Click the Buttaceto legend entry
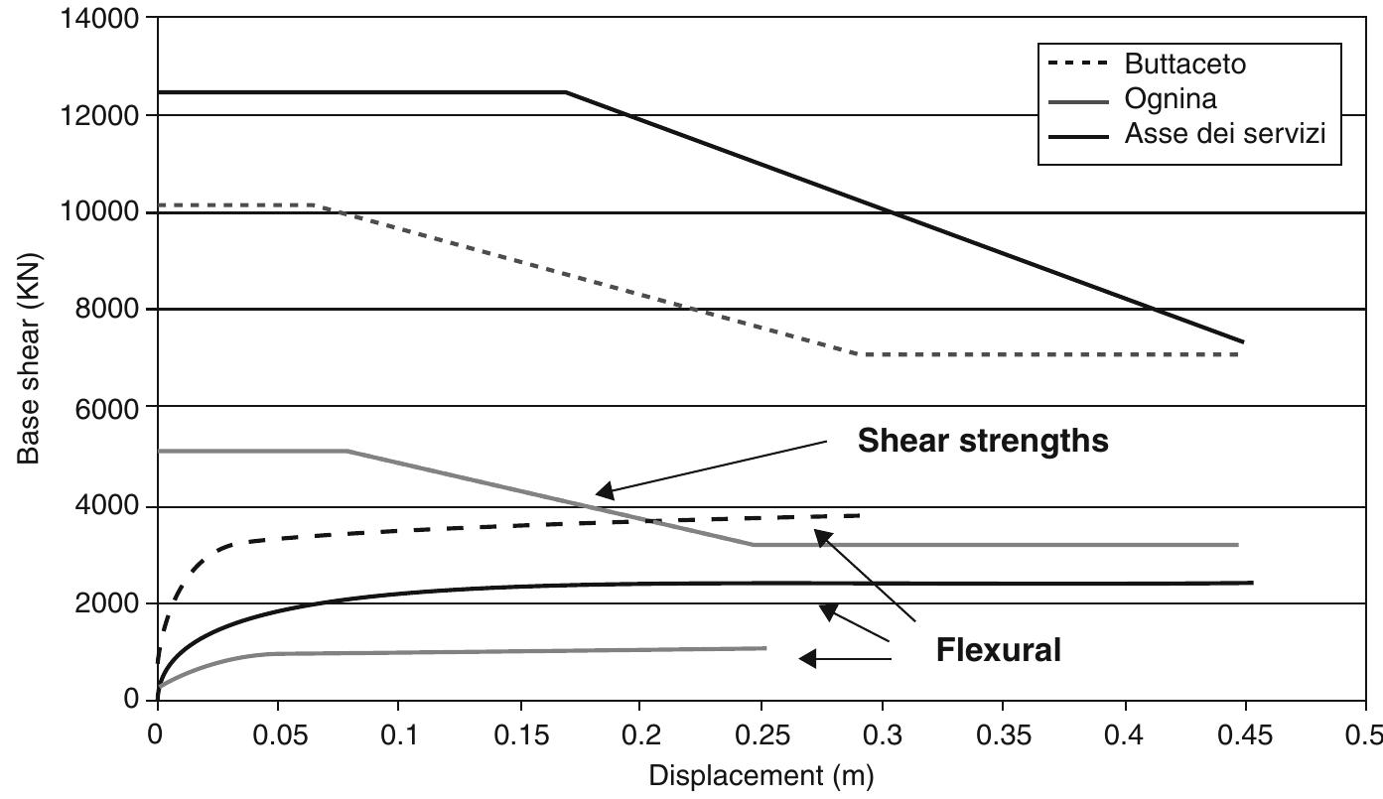point(1184,65)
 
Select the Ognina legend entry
point(1170,99)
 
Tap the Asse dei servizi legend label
point(1224,133)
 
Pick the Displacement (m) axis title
point(761,776)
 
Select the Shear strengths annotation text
point(983,440)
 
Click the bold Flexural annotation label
point(998,650)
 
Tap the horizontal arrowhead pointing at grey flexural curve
point(807,658)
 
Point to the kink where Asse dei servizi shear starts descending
point(566,92)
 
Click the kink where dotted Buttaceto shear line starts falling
point(316,205)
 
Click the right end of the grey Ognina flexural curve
point(765,648)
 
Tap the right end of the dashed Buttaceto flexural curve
point(860,515)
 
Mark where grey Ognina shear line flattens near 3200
point(752,544)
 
